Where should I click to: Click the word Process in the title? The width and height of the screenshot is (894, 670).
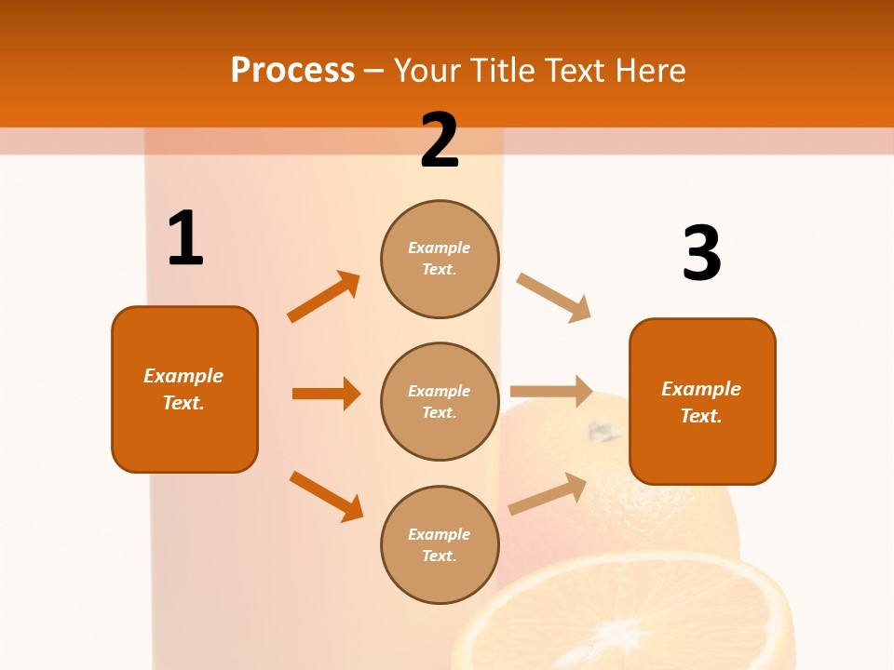click(x=292, y=71)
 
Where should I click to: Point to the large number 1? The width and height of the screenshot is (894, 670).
click(x=185, y=239)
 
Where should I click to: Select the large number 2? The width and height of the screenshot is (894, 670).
click(x=440, y=141)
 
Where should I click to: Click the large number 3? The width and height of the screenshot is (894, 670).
click(x=701, y=254)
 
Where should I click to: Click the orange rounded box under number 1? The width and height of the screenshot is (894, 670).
click(x=184, y=389)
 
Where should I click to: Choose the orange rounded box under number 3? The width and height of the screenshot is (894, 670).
click(x=702, y=402)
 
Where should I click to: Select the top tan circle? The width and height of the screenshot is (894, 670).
click(x=440, y=259)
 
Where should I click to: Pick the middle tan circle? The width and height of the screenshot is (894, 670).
click(x=440, y=402)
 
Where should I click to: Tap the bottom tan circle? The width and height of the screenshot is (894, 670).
click(x=440, y=545)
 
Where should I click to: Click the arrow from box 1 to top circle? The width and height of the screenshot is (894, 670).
click(x=324, y=297)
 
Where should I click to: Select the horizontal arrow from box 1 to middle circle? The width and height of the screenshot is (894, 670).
click(x=326, y=394)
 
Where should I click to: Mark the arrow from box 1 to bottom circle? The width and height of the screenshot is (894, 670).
click(x=326, y=496)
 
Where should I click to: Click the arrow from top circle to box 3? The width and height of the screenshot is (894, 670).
click(x=553, y=297)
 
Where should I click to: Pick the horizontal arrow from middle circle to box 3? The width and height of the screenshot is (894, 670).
click(x=551, y=391)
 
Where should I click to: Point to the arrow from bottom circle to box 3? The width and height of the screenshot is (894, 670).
click(x=548, y=494)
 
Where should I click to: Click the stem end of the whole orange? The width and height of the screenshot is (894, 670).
click(x=603, y=431)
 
